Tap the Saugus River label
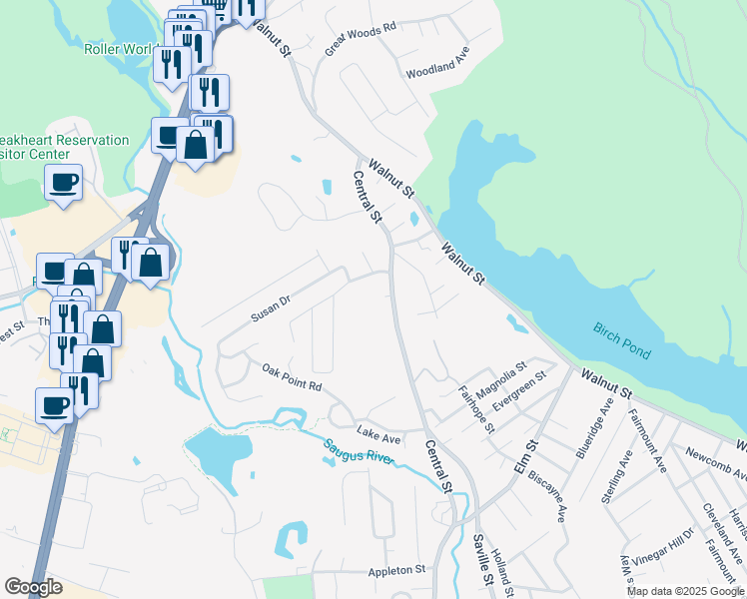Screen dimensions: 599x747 point(360,452)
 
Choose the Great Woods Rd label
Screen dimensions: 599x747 point(361,36)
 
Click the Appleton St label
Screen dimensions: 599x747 point(396,570)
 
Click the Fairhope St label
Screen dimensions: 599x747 point(476,409)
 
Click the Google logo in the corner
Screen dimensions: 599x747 point(33,587)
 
